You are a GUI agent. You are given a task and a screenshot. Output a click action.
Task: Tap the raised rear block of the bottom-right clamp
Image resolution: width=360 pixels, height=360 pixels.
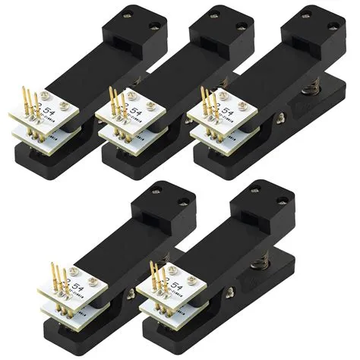(x=261, y=201)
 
